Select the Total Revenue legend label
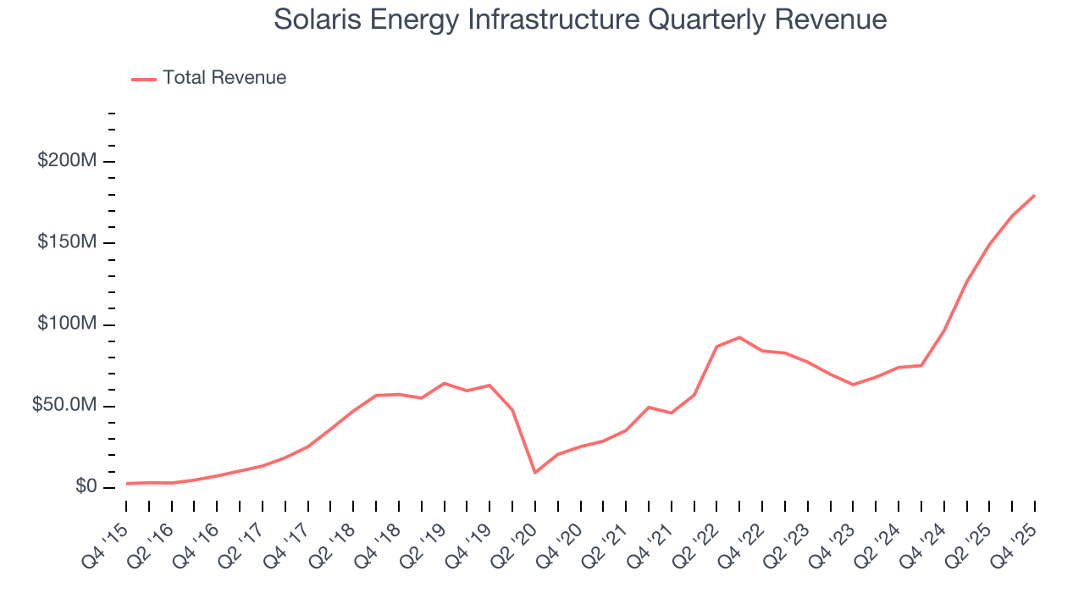coord(224,78)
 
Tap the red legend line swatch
coord(144,79)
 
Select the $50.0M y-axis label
coord(63,406)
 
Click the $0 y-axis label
coord(86,487)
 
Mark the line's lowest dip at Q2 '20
coord(535,473)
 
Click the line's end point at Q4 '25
coord(1034,196)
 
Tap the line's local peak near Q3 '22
coord(739,337)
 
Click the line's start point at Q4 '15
coord(127,484)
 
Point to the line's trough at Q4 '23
coord(853,385)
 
